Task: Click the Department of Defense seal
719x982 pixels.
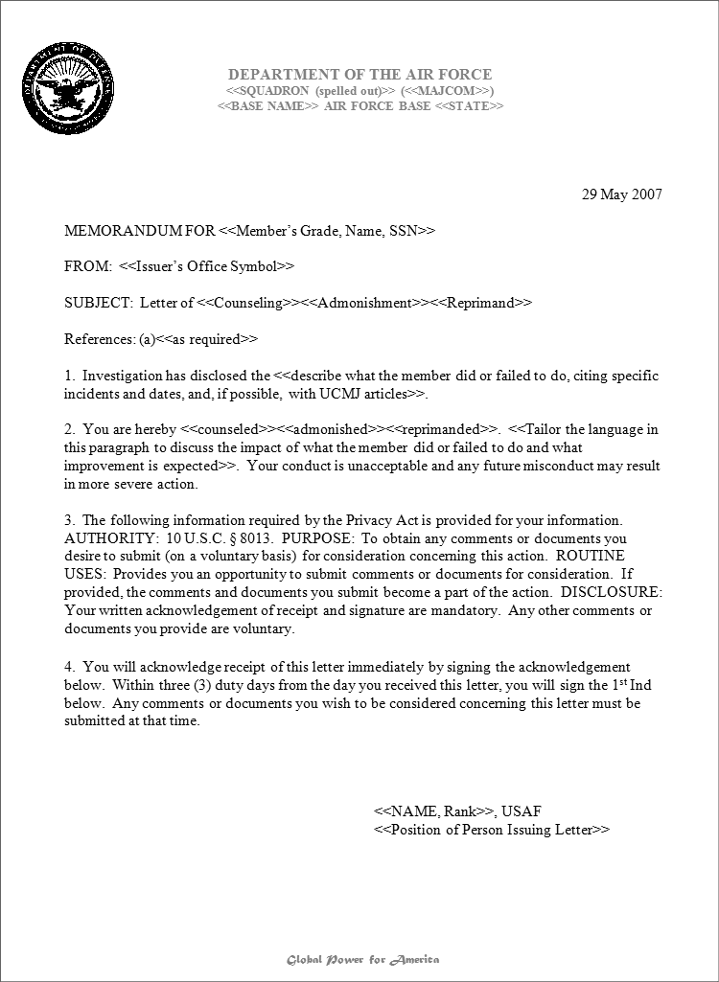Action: [x=69, y=90]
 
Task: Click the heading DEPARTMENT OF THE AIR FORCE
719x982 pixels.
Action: [x=359, y=74]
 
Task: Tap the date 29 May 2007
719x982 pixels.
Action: [x=622, y=194]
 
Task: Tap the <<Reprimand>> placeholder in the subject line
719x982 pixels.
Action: [x=481, y=303]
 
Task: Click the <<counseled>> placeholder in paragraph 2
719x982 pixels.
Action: [x=229, y=429]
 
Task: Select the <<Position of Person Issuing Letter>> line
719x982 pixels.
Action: [x=491, y=830]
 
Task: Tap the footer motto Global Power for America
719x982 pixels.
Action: [x=363, y=959]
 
